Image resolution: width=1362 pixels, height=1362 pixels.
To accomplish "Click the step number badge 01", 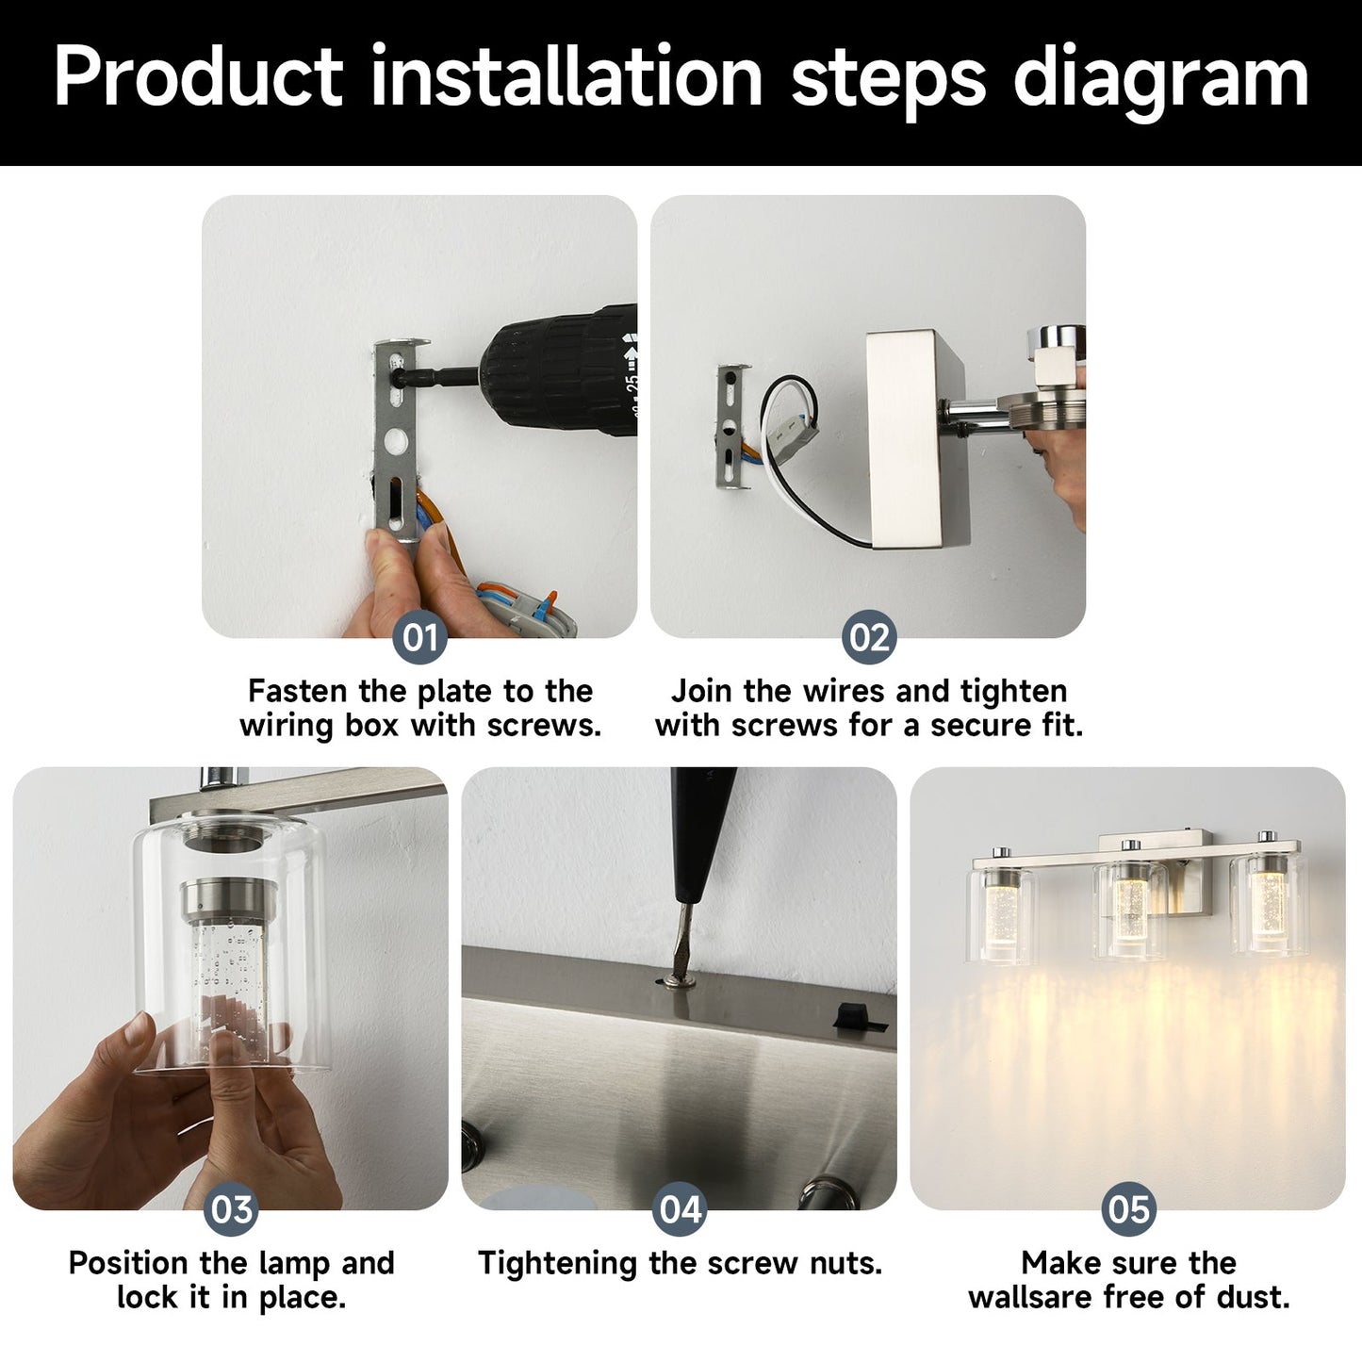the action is pos(419,637).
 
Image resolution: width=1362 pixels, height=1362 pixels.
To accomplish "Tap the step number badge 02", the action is pos(869,637).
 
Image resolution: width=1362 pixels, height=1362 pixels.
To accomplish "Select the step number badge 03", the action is pos(231,1209).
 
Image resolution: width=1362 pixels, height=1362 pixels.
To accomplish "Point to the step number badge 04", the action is pos(680,1209).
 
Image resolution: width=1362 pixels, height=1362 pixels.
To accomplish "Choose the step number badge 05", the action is pos(1129,1209).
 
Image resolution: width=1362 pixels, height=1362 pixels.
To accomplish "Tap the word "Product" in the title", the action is pos(199,75).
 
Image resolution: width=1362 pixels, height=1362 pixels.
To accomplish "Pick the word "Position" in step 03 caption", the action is pos(128,1263).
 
